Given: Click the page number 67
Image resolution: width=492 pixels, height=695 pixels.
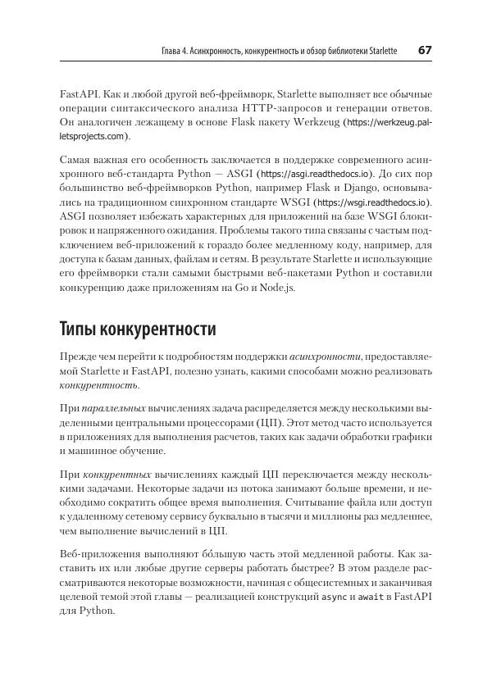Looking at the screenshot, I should coord(425,51).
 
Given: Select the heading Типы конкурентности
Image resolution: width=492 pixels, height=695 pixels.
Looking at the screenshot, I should coord(138,329).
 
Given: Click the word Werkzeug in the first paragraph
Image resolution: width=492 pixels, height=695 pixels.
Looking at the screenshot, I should coord(317,123).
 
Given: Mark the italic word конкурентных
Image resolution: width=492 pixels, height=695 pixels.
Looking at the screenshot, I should coord(117,475).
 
